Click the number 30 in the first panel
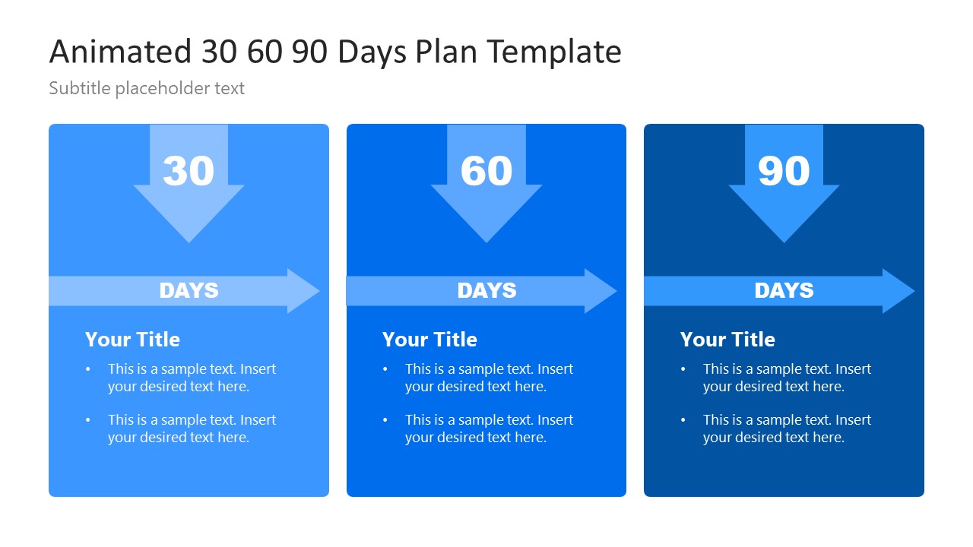189,171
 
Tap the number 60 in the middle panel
486,171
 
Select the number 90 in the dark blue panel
784,171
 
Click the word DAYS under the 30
189,290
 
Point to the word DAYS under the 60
486,290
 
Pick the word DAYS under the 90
784,290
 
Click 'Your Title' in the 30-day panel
132,340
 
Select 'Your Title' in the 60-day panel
429,340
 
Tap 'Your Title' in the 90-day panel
727,340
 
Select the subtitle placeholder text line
147,88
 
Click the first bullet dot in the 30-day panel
88,369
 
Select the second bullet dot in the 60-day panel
385,420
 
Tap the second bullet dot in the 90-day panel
683,420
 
